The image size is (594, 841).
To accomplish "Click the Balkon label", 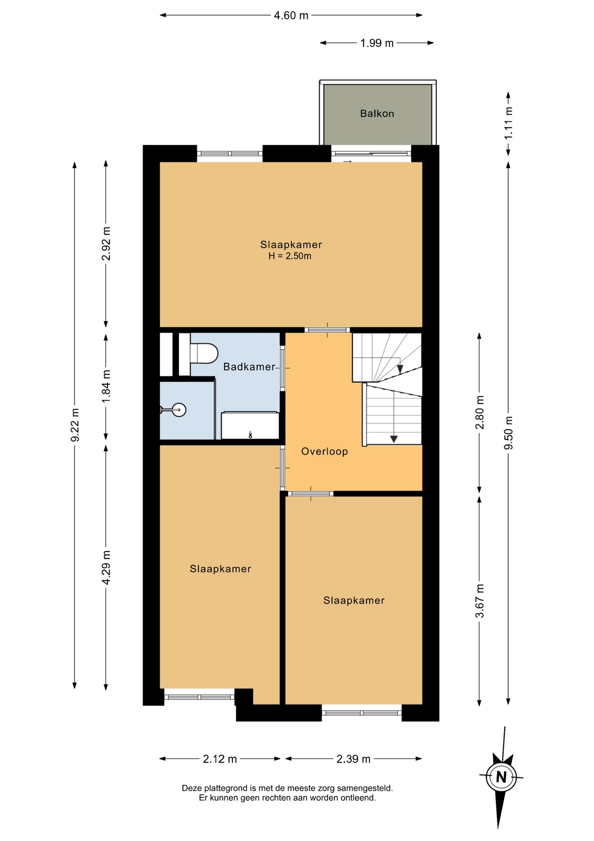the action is [377, 113].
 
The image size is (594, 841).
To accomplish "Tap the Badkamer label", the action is [249, 367].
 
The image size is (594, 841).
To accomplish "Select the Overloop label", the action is [325, 451].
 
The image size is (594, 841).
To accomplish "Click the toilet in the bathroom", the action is [204, 353].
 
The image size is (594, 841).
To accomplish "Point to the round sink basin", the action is [179, 410].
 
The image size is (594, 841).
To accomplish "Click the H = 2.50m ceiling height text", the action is [290, 256].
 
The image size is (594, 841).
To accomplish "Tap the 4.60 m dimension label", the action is [291, 16].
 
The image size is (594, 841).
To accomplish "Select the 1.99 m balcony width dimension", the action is [377, 43].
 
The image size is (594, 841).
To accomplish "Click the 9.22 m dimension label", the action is [75, 425].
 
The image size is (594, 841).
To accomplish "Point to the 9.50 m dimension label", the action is [508, 433].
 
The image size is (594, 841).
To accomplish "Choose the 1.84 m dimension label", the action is [106, 387].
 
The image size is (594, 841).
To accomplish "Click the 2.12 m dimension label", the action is [220, 759].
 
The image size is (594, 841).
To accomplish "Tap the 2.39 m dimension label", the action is [353, 759].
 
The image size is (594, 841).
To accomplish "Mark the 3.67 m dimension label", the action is [480, 601].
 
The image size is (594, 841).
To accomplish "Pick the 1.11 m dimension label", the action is [508, 124].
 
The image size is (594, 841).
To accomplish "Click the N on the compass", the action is [501, 777].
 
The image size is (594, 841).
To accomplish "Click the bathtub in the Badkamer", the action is [250, 425].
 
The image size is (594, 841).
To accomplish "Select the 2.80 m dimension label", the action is [480, 412].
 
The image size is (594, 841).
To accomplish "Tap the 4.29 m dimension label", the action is [106, 567].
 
